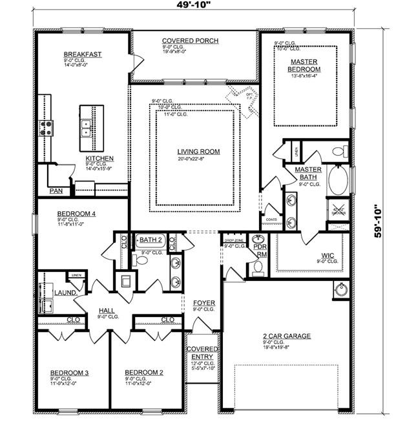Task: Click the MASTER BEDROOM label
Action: point(304,65)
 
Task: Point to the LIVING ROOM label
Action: point(198,152)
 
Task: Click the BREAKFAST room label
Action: point(82,54)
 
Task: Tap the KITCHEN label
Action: point(100,158)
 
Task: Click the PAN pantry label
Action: point(56,191)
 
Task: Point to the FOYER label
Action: point(204,303)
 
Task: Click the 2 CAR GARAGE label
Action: point(287,336)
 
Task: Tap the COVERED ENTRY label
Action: point(203,353)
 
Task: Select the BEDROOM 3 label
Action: point(69,373)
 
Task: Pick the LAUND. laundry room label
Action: point(66,293)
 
